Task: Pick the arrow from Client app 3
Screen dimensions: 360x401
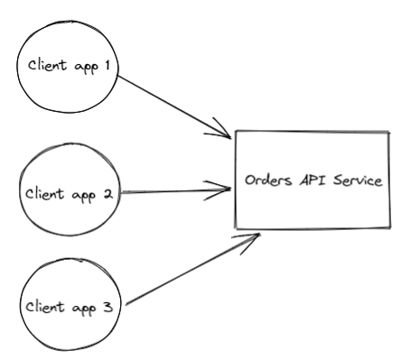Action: point(190,271)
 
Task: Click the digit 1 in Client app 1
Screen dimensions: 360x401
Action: point(107,65)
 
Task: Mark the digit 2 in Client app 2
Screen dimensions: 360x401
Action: point(106,193)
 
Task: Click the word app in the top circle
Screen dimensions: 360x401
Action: point(84,66)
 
